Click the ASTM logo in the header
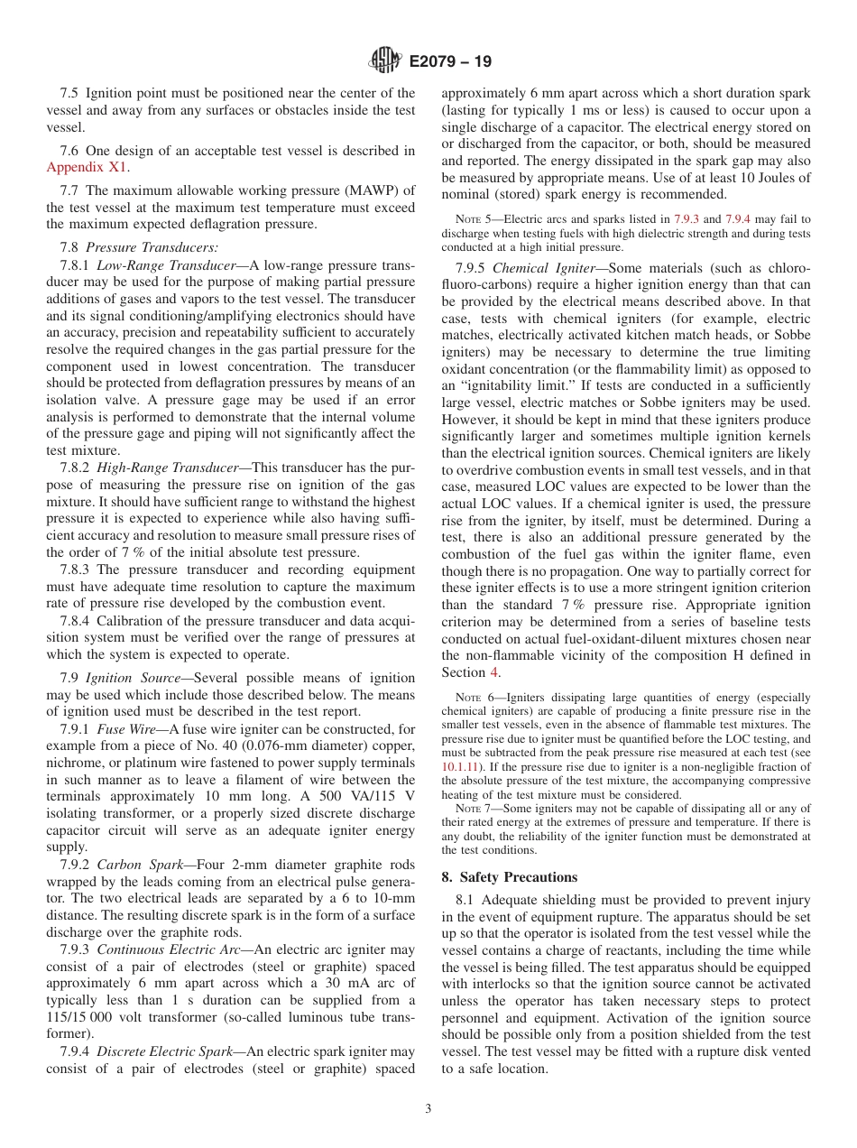coord(385,61)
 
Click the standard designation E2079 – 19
coord(450,62)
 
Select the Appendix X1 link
coord(87,167)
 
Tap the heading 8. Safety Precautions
coord(510,877)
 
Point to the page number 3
coord(428,1109)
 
